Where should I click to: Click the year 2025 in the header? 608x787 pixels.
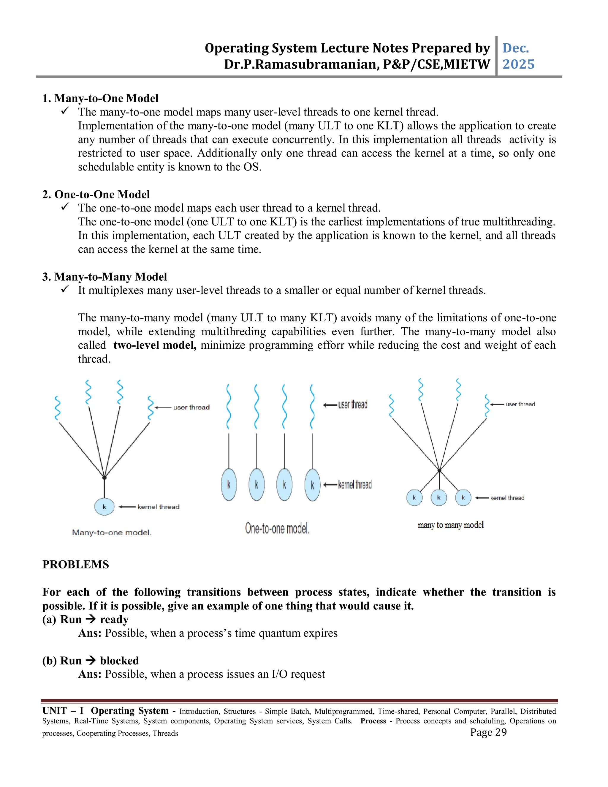(x=518, y=64)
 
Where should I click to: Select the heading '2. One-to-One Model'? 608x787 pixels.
(x=96, y=195)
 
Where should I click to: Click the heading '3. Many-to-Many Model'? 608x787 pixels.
(x=104, y=277)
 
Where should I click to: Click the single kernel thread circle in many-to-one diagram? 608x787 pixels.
(x=104, y=507)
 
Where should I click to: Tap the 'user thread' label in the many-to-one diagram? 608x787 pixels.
(x=191, y=407)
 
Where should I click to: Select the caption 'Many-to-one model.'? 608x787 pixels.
(x=112, y=532)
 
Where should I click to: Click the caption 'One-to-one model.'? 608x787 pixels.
(x=277, y=529)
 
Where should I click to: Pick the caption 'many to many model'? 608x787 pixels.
(x=450, y=525)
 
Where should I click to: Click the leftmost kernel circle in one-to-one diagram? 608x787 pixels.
(x=229, y=485)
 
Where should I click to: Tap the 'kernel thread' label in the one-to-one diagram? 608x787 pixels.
(x=355, y=485)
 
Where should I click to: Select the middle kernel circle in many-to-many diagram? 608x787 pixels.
(x=439, y=498)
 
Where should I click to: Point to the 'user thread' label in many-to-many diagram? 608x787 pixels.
(x=520, y=404)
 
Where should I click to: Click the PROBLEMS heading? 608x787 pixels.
(x=76, y=565)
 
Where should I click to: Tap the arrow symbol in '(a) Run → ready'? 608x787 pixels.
(x=91, y=620)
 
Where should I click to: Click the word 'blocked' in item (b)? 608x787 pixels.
(x=119, y=660)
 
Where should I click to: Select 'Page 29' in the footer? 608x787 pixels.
(x=488, y=732)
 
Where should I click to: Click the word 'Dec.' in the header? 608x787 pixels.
(x=515, y=48)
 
